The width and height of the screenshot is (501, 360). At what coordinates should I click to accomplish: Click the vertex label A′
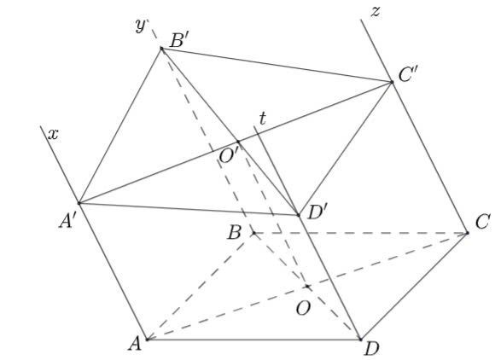[67, 221]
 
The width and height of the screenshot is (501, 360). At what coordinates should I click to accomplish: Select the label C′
[408, 76]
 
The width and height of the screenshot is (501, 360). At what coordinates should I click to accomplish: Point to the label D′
[317, 212]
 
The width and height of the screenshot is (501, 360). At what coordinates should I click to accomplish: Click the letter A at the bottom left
[135, 344]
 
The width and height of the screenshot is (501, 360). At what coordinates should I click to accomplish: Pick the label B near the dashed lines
[234, 233]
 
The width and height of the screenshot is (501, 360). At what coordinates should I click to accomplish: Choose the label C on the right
[482, 222]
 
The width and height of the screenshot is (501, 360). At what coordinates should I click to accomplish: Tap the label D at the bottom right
[371, 349]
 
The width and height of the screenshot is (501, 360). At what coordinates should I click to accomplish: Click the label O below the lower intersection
[303, 309]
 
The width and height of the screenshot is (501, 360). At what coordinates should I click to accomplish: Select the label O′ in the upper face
[229, 156]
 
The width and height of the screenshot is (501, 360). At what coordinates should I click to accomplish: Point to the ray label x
[53, 135]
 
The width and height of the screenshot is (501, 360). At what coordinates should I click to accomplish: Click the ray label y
[141, 26]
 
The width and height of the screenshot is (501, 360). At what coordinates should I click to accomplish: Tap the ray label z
[376, 11]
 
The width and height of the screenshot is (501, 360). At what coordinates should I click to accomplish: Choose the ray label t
[262, 119]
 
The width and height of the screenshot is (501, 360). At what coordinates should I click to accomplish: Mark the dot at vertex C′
[392, 82]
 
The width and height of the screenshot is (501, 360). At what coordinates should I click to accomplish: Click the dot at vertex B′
[161, 49]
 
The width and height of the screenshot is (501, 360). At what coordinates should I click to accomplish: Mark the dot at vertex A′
[79, 203]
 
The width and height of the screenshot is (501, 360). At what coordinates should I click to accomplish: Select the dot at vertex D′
[299, 215]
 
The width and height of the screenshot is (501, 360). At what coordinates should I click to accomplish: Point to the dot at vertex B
[253, 233]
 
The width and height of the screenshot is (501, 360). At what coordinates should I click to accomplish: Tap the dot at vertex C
[468, 233]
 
